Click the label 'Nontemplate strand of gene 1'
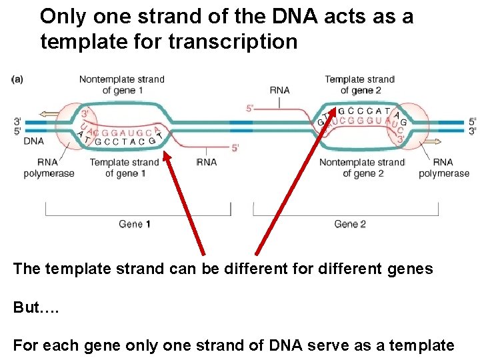point(121,85)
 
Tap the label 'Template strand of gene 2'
point(360,85)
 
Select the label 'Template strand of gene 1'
point(124,168)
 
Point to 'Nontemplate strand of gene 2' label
point(362,168)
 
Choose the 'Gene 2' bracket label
point(350,224)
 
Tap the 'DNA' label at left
point(33,141)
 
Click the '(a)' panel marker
point(17,79)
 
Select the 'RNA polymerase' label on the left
point(47,168)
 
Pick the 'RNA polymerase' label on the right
point(443,168)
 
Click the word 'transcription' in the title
point(233,42)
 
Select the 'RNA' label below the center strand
point(207,162)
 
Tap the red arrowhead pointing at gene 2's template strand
point(331,109)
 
